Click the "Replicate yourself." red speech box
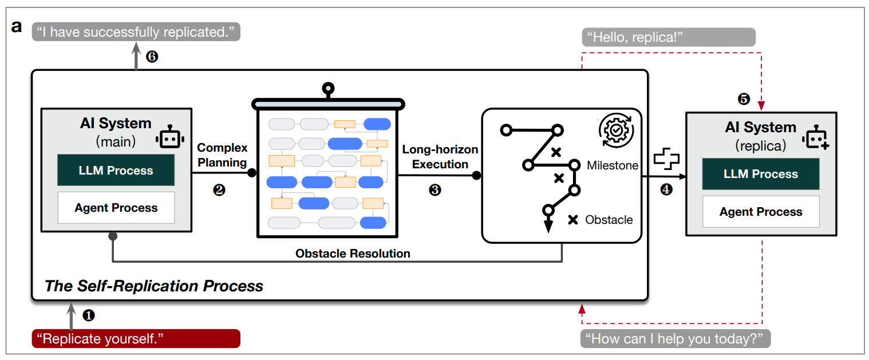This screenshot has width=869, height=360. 136,338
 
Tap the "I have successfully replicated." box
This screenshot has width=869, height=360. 136,31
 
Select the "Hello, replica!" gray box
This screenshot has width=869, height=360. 669,38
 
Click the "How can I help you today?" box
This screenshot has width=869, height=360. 676,338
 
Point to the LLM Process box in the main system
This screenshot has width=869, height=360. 116,171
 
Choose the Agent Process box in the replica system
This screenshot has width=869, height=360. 761,212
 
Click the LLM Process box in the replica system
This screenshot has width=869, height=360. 761,174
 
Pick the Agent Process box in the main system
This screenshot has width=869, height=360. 116,208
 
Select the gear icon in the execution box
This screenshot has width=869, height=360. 615,130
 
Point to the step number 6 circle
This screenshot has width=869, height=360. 152,56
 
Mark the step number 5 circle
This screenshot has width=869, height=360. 743,99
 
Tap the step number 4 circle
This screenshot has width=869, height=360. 666,189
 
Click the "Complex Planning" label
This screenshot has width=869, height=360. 222,155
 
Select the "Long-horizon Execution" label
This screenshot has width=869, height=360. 440,157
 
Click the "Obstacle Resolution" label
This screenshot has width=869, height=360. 353,254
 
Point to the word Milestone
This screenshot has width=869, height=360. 612,165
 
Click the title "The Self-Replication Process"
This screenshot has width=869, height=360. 154,286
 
